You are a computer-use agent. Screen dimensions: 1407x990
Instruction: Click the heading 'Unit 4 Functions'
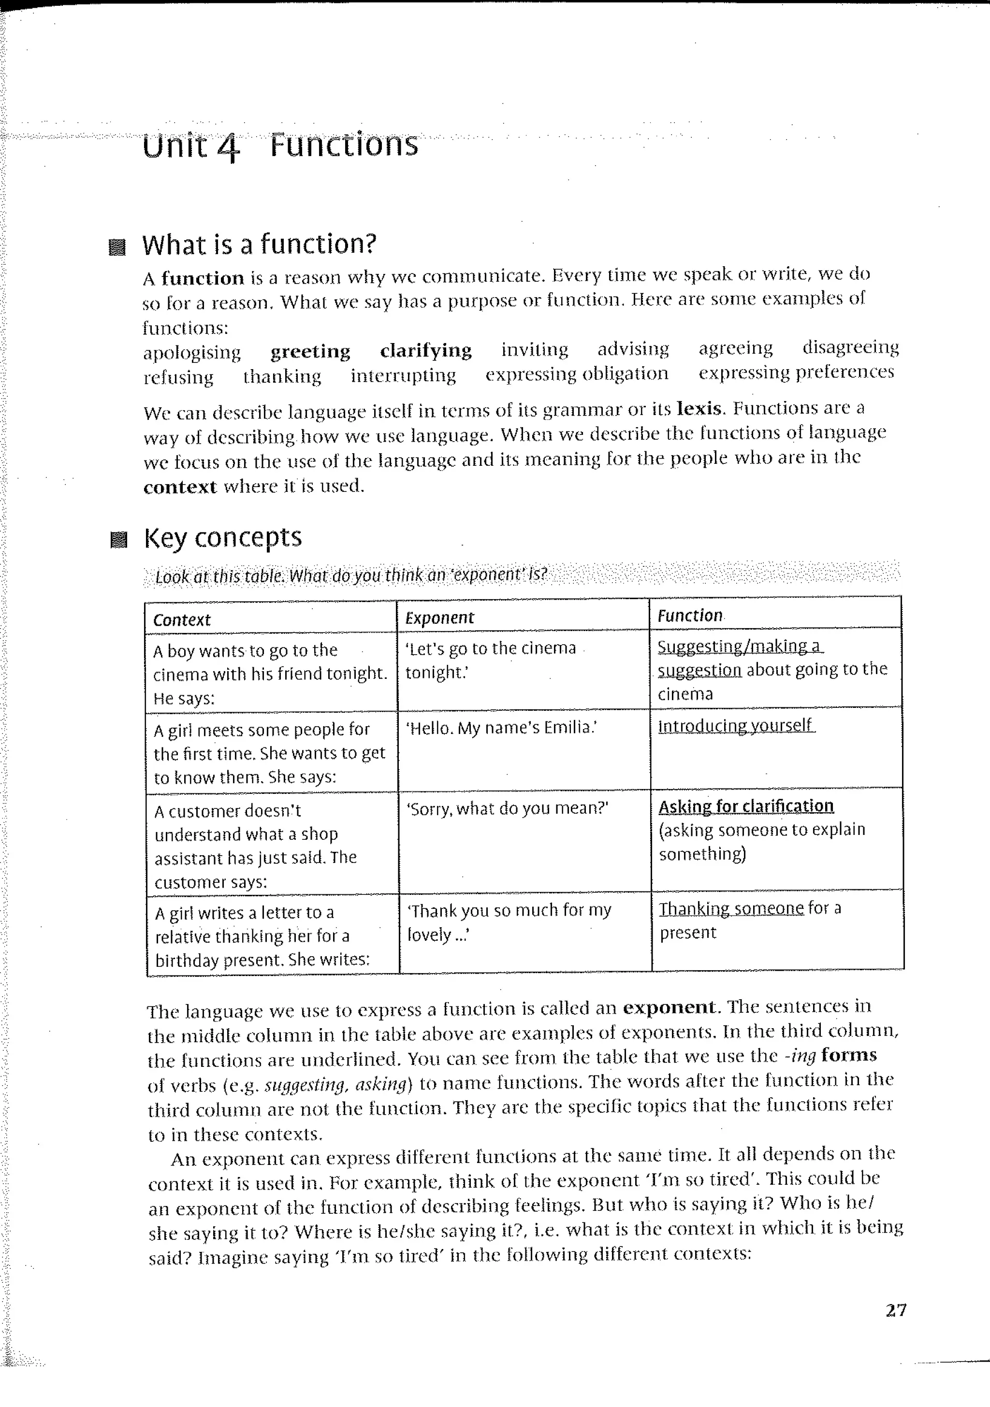[280, 146]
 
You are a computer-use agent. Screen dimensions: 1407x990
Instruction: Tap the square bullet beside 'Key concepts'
[118, 540]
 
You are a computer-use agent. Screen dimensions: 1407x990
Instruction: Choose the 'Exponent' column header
[439, 617]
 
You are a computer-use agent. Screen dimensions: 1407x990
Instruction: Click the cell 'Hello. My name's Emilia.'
[501, 727]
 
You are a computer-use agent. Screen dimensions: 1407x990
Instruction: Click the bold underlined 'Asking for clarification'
[746, 806]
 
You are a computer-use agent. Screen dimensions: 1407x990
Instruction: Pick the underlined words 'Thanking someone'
[731, 908]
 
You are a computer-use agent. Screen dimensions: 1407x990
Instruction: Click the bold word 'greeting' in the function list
[310, 351]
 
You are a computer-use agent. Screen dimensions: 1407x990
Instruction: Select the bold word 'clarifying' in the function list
[425, 350]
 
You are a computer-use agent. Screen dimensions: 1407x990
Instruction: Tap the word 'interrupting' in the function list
[403, 375]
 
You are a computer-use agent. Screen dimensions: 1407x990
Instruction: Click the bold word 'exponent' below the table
[669, 1007]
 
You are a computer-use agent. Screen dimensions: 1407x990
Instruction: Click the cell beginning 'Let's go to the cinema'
[490, 660]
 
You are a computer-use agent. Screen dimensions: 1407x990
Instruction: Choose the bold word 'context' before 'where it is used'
[180, 487]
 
